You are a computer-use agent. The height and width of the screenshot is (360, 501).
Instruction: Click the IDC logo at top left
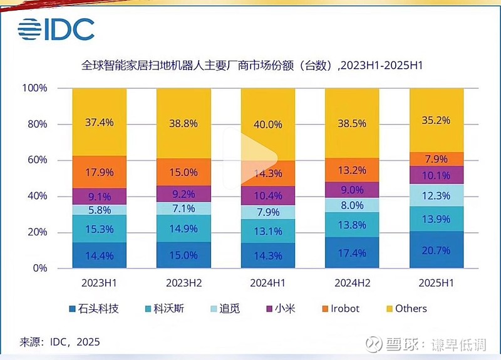56,29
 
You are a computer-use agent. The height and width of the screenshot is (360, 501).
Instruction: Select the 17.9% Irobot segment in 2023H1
99,172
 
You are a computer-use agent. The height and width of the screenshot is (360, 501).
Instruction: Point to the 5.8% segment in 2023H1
99,210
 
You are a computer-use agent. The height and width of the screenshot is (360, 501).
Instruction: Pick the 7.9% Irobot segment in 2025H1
436,159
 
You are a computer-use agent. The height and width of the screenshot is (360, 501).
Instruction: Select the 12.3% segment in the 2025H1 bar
436,196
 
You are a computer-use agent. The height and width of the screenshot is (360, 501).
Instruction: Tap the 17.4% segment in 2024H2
352,252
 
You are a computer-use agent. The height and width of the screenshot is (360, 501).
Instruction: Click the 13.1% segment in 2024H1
267,231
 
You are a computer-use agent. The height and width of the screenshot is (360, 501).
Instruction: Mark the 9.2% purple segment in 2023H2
183,194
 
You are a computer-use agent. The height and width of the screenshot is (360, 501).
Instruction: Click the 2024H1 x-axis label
267,282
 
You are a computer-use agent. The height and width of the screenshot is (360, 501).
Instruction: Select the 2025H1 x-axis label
436,282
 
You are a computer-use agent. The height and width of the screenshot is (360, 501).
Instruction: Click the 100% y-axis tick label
34,88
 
